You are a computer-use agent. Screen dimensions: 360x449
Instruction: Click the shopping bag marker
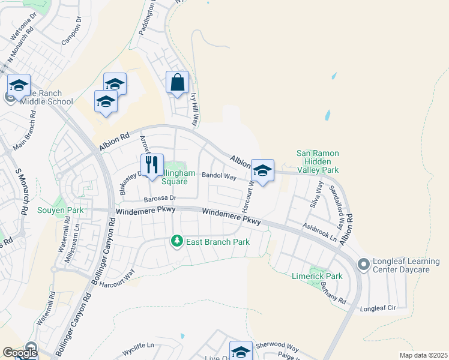[x=177, y=83]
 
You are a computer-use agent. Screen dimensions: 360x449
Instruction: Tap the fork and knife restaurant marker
[x=152, y=164]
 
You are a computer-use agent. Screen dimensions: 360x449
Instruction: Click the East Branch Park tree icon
[x=176, y=241]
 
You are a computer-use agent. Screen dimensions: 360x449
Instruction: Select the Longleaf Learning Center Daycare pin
[x=363, y=264]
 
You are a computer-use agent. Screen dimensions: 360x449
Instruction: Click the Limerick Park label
[x=316, y=277]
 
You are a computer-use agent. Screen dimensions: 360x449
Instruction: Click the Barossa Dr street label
[x=158, y=198]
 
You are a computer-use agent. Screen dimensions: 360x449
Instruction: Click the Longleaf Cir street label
[x=379, y=308]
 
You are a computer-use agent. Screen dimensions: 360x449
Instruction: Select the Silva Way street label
[x=316, y=196]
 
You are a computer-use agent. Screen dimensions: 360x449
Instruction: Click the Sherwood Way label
[x=277, y=347]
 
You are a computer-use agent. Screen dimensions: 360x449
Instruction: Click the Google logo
[x=20, y=353]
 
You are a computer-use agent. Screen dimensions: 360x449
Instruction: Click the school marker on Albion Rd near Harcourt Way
[x=262, y=171]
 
